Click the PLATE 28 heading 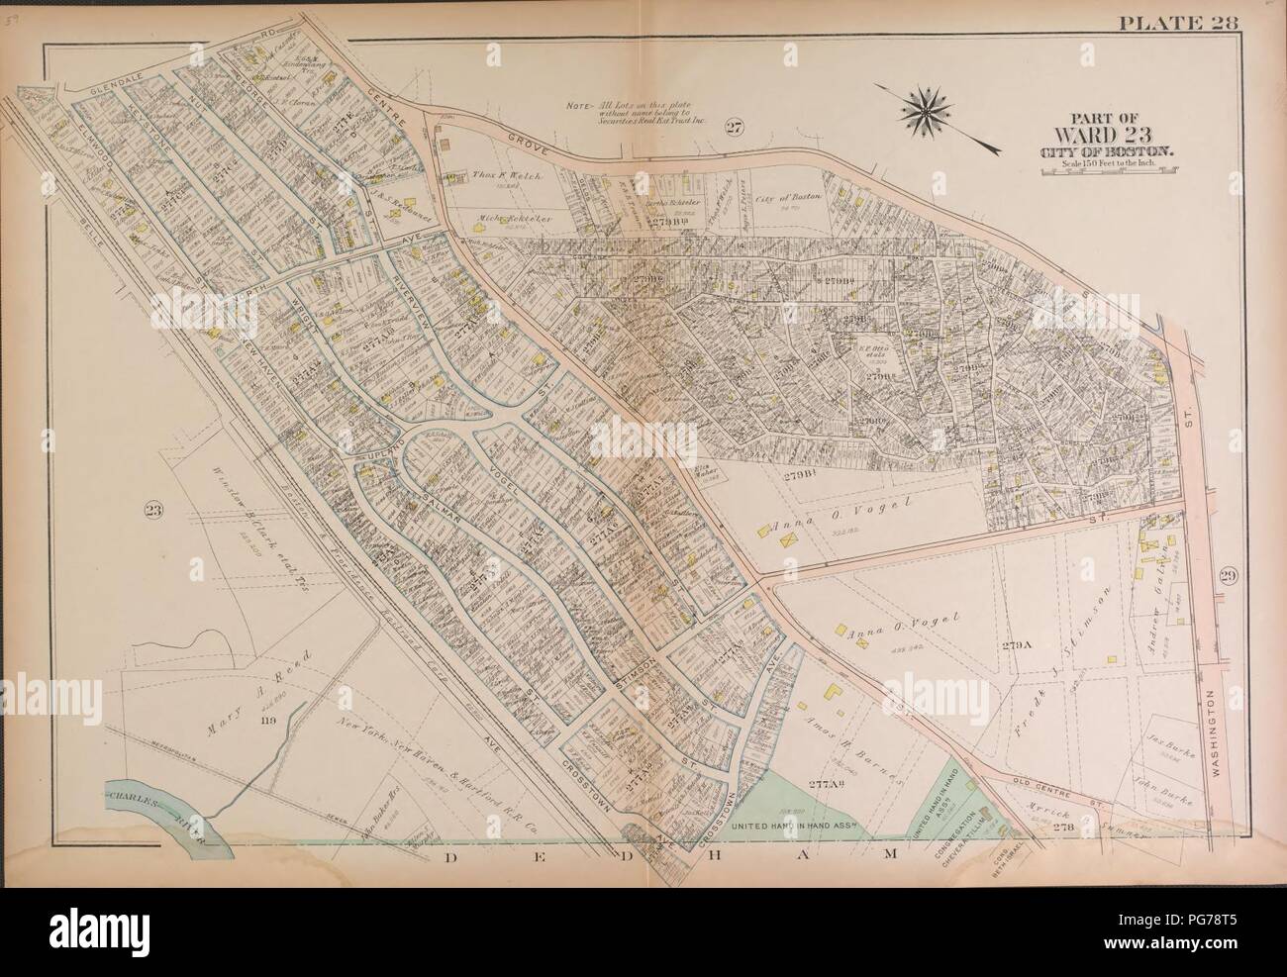pos(1177,25)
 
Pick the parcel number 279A pos(1016,645)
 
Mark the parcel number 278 pos(1063,827)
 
